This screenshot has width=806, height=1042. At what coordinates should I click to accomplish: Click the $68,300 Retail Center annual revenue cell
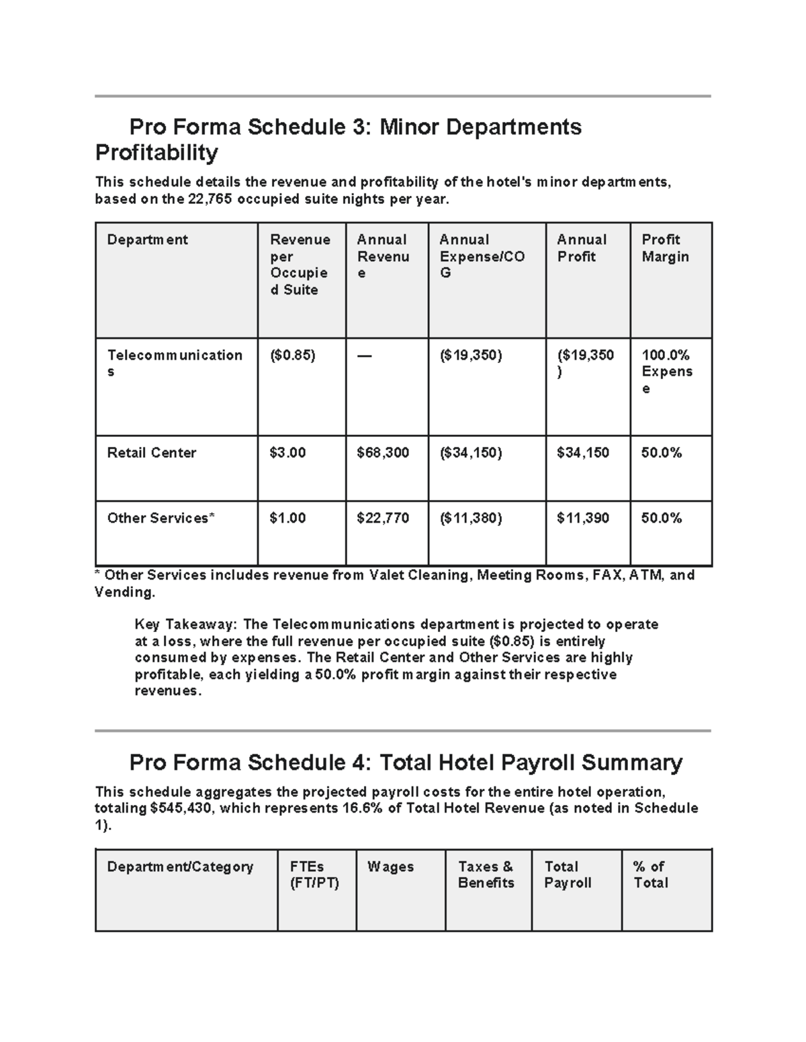[x=383, y=453]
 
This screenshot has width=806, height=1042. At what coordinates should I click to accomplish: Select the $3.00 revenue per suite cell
[x=287, y=453]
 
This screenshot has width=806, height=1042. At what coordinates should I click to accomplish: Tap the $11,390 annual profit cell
[x=582, y=518]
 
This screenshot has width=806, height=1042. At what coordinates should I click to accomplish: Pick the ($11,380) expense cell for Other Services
[x=471, y=518]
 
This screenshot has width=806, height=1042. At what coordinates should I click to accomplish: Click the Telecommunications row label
[x=175, y=363]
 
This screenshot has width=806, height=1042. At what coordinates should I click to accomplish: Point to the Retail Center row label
[x=152, y=453]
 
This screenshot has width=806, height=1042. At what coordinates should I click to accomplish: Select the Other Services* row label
[x=161, y=518]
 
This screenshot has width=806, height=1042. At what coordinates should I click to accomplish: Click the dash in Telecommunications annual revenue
[x=364, y=356]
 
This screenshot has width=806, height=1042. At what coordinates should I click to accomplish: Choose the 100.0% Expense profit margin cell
[x=666, y=371]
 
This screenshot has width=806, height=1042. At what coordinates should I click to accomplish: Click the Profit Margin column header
[x=665, y=248]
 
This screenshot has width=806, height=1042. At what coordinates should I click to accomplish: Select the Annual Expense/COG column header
[x=482, y=256]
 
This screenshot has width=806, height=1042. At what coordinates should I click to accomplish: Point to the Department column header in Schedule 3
[x=147, y=240]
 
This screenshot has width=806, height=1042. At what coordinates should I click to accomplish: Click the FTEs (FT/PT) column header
[x=314, y=875]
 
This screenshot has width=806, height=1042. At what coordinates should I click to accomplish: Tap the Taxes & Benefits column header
[x=486, y=875]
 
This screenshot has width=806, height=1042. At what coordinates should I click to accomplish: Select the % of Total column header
[x=650, y=875]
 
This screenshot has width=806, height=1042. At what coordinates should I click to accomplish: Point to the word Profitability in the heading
[x=156, y=153]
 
